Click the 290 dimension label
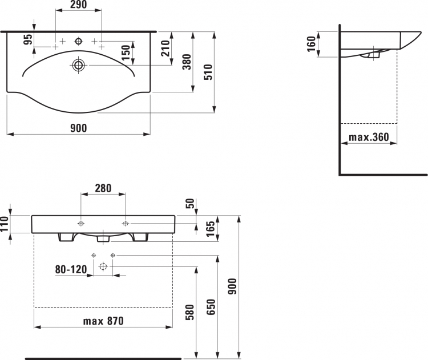pos(79,5)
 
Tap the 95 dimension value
pos(28,39)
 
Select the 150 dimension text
pos(126,52)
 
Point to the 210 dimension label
pos(165,48)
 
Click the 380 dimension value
pos(187,62)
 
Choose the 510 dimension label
pos(208,72)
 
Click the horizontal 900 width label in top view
pos(79,128)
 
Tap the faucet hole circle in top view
pos(79,41)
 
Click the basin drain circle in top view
pos(79,65)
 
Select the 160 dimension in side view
pos(311,44)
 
